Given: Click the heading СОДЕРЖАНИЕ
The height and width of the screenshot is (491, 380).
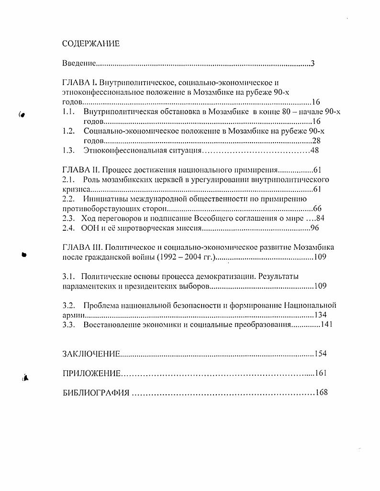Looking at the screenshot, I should [91, 44].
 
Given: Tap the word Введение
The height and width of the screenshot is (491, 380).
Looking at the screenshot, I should [79, 64].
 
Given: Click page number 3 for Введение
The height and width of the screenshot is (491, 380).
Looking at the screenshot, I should [313, 64].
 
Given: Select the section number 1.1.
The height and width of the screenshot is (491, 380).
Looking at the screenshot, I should [69, 112].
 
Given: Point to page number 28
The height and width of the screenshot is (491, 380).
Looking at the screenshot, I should [316, 141].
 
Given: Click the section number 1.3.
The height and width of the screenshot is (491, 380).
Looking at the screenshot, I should [69, 151].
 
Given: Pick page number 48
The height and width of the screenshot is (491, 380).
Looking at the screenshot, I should [314, 151].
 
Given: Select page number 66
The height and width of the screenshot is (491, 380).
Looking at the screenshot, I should [317, 209].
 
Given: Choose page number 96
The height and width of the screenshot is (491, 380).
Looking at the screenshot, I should [314, 228].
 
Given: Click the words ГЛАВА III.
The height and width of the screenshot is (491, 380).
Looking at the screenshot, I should [82, 247].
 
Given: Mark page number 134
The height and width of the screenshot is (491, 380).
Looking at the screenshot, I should [320, 315].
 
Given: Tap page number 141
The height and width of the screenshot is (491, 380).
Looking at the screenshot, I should [326, 324].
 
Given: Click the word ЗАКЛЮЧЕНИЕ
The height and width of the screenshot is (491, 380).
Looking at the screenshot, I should [91, 354].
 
